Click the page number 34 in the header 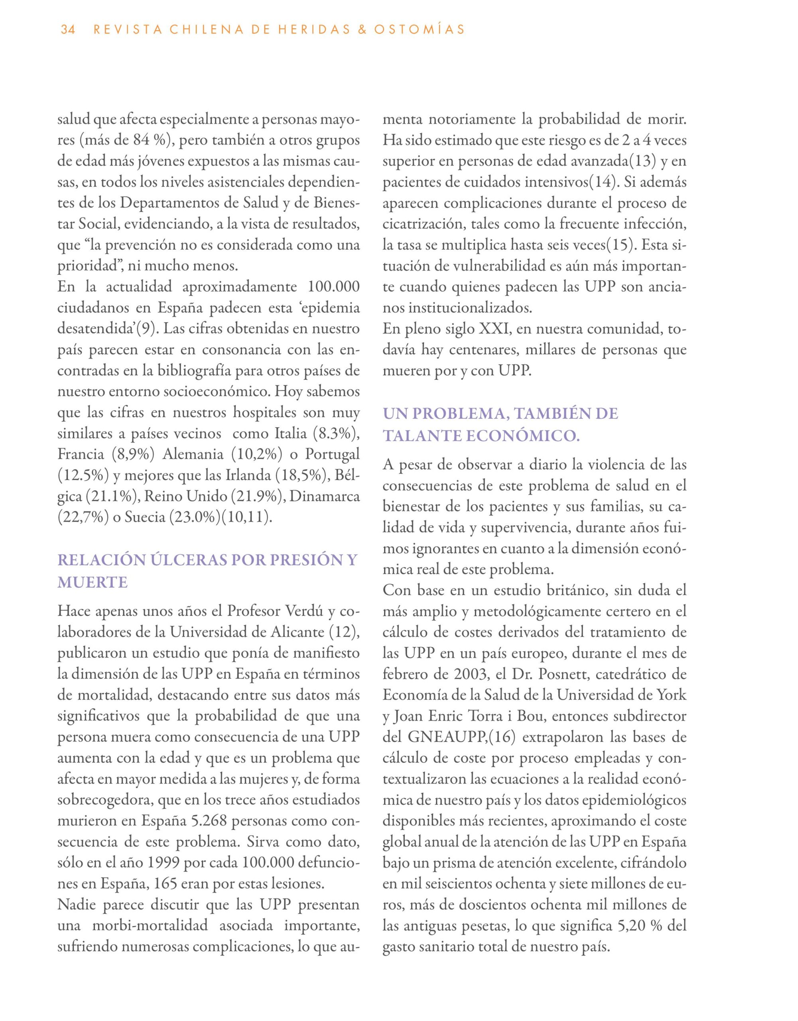click(x=68, y=30)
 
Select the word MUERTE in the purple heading click(x=93, y=583)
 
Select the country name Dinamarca click(x=325, y=497)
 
